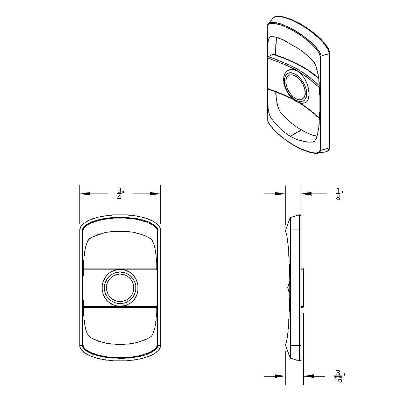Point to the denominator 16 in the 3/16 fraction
pos(338,379)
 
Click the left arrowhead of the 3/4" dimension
pos(85,194)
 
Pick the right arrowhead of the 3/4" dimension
pos(155,194)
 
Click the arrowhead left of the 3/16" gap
pos(280,376)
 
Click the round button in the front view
pos(120,288)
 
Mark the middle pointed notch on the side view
pos(288,288)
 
